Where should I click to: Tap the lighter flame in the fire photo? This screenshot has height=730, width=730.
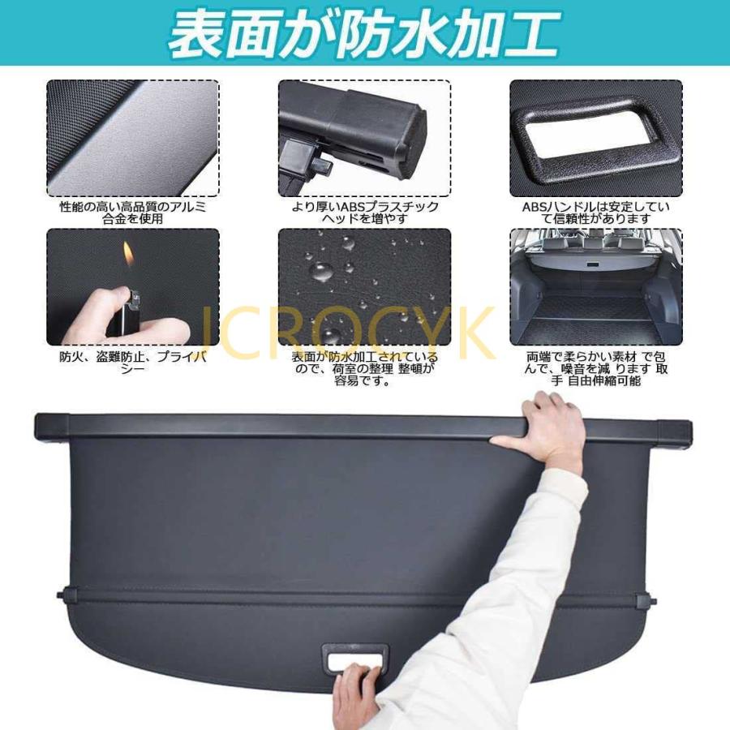point(127,253)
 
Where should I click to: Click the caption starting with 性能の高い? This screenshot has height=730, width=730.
point(133,213)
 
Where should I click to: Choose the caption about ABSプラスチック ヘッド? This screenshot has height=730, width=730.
point(365,213)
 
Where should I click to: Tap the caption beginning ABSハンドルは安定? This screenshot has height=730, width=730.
point(596,213)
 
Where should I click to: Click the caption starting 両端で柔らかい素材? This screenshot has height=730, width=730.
point(596,368)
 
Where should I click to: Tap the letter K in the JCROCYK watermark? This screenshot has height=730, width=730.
point(475,331)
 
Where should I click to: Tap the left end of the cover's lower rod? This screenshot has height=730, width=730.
point(65,595)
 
